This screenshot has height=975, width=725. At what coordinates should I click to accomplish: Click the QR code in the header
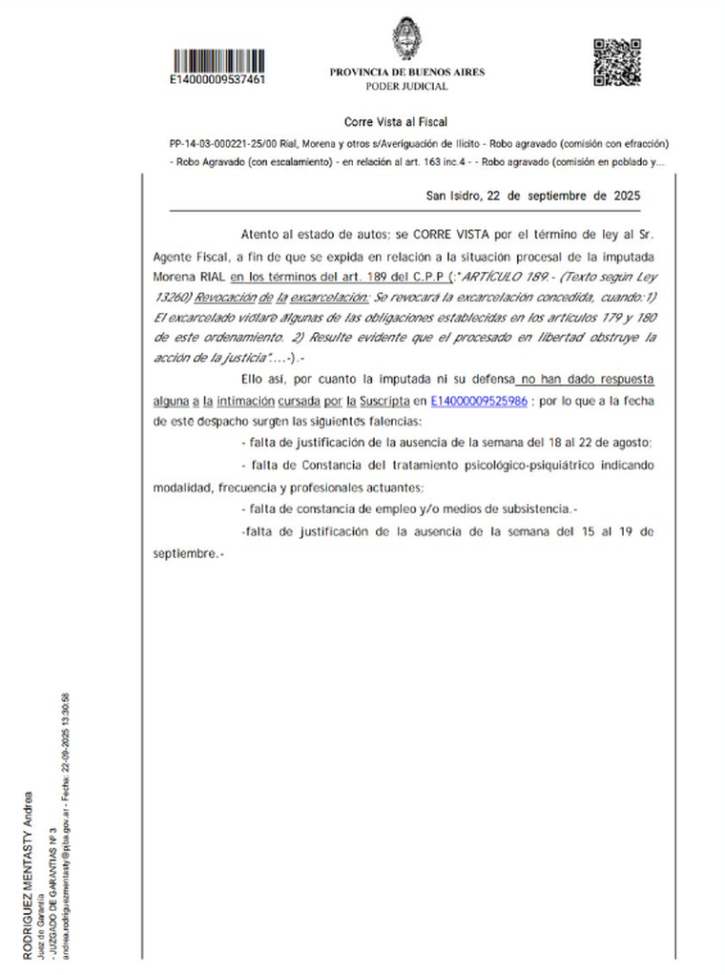pyautogui.click(x=611, y=62)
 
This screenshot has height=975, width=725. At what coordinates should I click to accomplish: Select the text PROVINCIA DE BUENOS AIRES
pyautogui.click(x=407, y=73)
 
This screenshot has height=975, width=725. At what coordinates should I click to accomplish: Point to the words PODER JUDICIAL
pyautogui.click(x=407, y=87)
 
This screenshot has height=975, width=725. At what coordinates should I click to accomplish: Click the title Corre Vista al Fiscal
pyautogui.click(x=396, y=122)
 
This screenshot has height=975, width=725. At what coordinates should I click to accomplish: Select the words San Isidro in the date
pyautogui.click(x=453, y=197)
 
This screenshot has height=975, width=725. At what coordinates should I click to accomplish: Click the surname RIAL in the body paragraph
pyautogui.click(x=211, y=276)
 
